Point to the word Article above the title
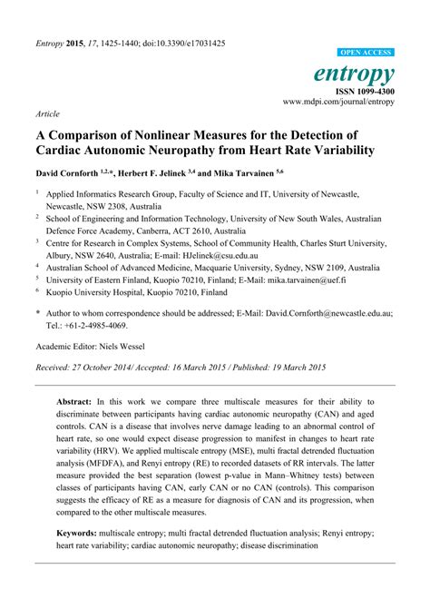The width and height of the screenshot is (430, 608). point(47,114)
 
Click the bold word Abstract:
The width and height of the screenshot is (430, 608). point(79,401)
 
